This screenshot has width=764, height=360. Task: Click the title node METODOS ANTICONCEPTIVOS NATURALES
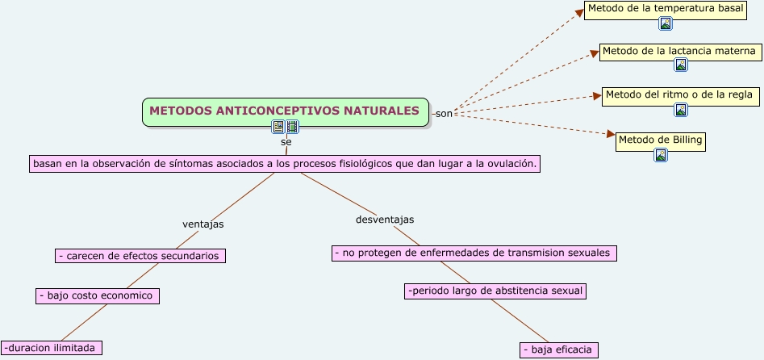point(285,111)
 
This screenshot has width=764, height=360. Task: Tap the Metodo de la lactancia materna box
point(678,52)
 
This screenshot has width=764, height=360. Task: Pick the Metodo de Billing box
point(660,140)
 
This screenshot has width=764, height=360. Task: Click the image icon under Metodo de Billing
point(661,155)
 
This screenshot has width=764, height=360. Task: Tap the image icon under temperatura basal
point(666,23)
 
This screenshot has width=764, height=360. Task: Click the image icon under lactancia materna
point(681,65)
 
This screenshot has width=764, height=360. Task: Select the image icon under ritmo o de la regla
point(681,110)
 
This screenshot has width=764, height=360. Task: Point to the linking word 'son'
point(444,114)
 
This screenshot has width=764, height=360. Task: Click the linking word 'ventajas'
point(203,224)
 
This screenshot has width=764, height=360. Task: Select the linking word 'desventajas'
point(385,220)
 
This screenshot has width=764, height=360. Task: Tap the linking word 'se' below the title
point(286,141)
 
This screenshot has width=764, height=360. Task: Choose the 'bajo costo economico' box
point(98,295)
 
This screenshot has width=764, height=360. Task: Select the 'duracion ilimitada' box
point(52,348)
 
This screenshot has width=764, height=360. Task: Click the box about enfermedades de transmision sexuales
point(474,253)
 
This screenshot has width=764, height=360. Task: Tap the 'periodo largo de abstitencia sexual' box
point(495,291)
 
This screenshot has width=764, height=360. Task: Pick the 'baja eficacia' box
point(559,350)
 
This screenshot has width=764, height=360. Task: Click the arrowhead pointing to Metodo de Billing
point(611,134)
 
